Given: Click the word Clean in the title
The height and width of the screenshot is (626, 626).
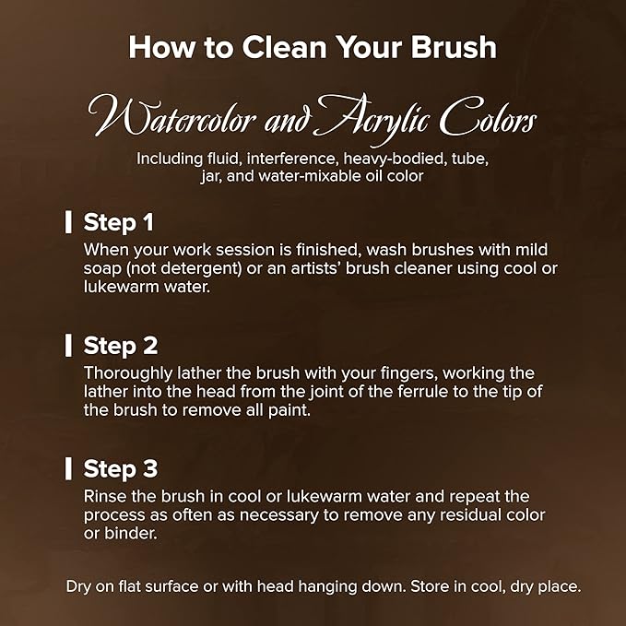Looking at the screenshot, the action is click(284, 48).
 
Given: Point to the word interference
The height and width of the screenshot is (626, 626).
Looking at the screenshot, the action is click(290, 159).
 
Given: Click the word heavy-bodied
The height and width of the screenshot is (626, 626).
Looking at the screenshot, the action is click(395, 159).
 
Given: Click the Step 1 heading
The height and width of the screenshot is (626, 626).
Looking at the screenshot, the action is click(119, 222).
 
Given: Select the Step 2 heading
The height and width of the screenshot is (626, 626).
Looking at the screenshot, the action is click(121, 346).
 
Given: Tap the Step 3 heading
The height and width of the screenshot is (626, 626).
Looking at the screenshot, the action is click(121, 468).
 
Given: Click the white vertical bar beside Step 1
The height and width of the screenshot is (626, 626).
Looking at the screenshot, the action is click(68, 222).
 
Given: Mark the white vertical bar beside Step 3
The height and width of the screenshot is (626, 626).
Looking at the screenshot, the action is click(68, 468).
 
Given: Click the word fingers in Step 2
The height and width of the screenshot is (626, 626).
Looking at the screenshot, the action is click(408, 373).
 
